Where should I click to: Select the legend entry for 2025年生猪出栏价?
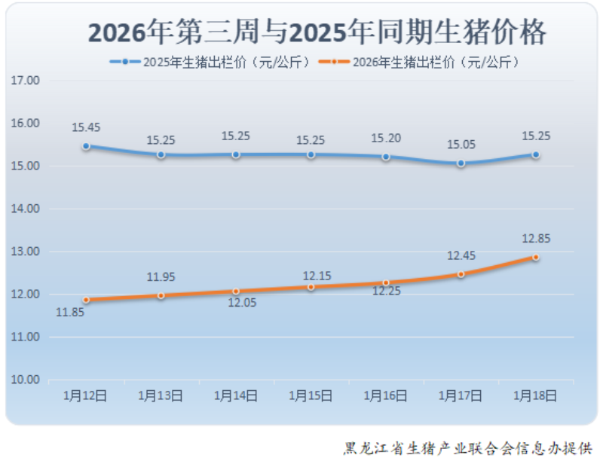(x=210, y=63)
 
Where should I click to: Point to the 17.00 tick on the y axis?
(x=26, y=80)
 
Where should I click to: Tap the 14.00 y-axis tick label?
(x=26, y=209)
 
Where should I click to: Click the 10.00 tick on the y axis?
(x=26, y=380)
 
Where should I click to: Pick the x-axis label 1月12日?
(x=85, y=395)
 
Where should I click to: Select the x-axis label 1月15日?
(x=311, y=395)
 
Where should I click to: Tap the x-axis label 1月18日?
(x=535, y=395)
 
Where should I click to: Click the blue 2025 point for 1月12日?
(x=86, y=146)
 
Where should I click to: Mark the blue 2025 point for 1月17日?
(x=461, y=163)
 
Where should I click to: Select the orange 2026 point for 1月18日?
(x=535, y=257)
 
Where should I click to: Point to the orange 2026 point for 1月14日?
(x=236, y=291)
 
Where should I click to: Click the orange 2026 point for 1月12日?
(x=86, y=300)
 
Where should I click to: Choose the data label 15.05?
(x=461, y=145)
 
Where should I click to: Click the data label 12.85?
(x=535, y=239)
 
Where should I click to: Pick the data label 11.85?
(x=69, y=312)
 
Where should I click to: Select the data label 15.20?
(x=385, y=138)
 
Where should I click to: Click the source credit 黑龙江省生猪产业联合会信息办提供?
(x=467, y=448)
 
